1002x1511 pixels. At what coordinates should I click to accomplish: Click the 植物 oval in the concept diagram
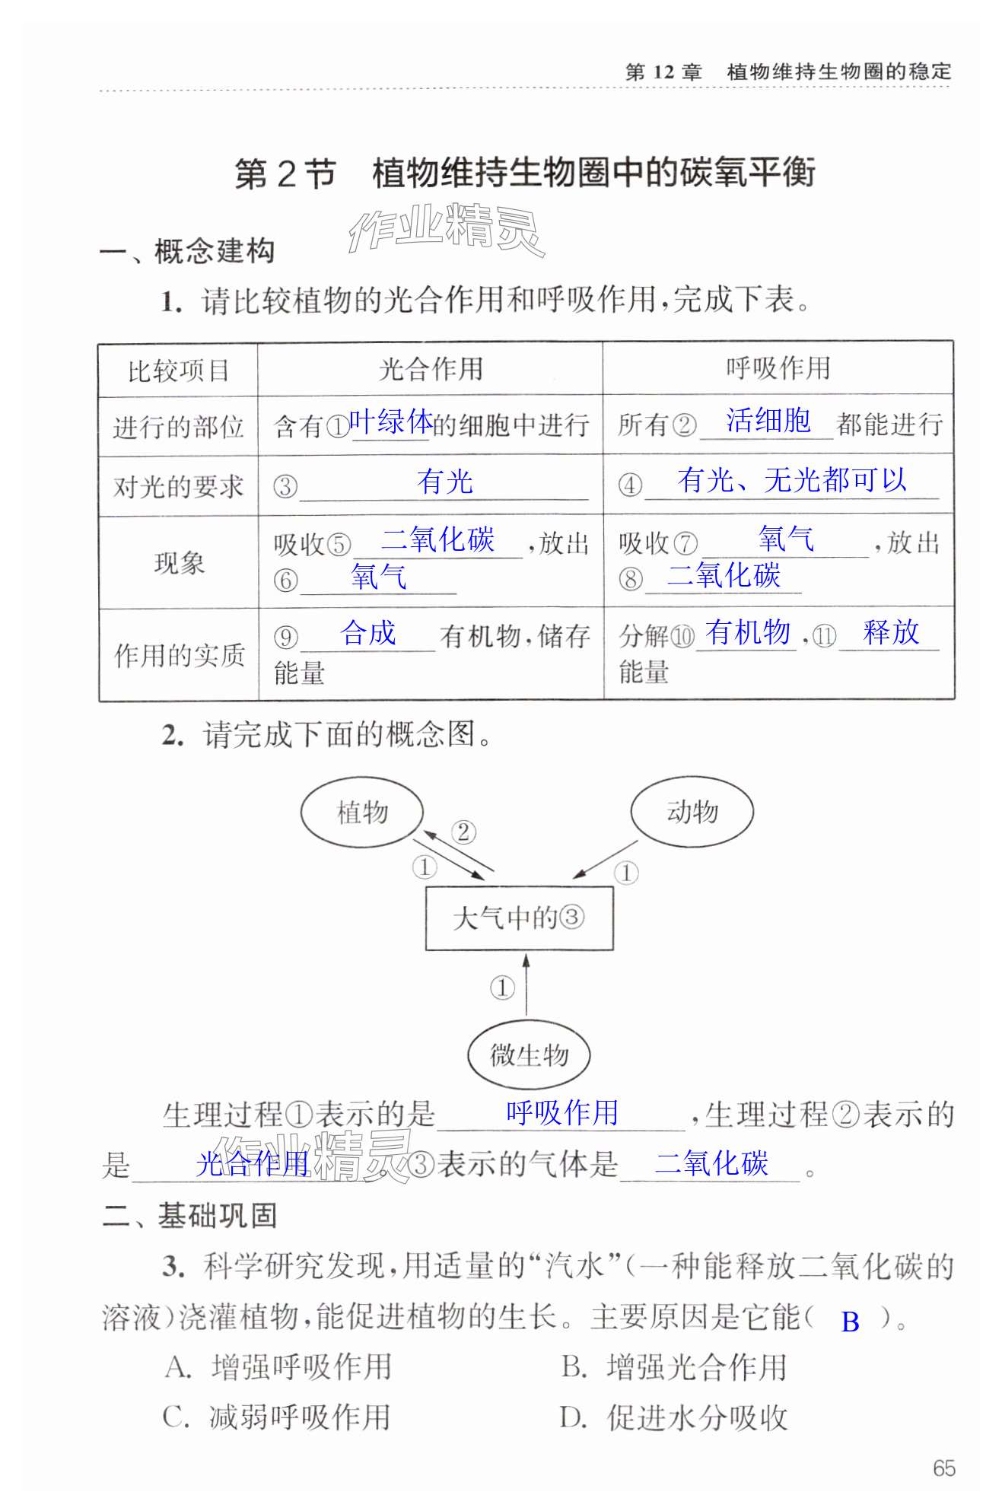pyautogui.click(x=361, y=813)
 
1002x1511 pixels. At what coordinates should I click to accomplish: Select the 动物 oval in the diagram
pyautogui.click(x=692, y=812)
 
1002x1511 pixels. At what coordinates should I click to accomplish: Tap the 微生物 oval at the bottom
pyautogui.click(x=529, y=1055)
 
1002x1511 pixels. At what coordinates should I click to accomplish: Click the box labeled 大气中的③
pyautogui.click(x=519, y=918)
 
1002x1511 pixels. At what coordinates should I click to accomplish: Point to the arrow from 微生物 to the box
pyautogui.click(x=526, y=985)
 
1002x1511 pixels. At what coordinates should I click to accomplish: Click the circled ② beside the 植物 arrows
pyautogui.click(x=463, y=832)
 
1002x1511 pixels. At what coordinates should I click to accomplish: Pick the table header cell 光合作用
pyautogui.click(x=431, y=370)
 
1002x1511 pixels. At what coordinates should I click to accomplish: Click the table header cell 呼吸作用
pyautogui.click(x=778, y=368)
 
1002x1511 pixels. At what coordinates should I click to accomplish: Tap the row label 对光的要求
pyautogui.click(x=178, y=487)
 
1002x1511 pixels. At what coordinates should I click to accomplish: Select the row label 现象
pyautogui.click(x=179, y=563)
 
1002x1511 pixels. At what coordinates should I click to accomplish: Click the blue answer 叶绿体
pyautogui.click(x=390, y=421)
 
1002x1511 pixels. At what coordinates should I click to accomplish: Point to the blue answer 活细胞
pyautogui.click(x=768, y=420)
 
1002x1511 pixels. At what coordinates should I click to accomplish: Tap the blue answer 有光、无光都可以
pyautogui.click(x=791, y=480)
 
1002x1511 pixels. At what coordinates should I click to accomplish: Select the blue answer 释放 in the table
pyautogui.click(x=891, y=632)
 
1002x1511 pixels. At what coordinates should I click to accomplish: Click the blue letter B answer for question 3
pyautogui.click(x=850, y=1322)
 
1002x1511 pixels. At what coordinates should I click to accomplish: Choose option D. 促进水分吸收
pyautogui.click(x=673, y=1417)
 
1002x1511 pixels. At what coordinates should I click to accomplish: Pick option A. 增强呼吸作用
pyautogui.click(x=278, y=1366)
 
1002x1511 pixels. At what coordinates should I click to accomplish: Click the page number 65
pyautogui.click(x=943, y=1468)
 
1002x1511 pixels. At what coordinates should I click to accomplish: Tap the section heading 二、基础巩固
pyautogui.click(x=189, y=1215)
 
